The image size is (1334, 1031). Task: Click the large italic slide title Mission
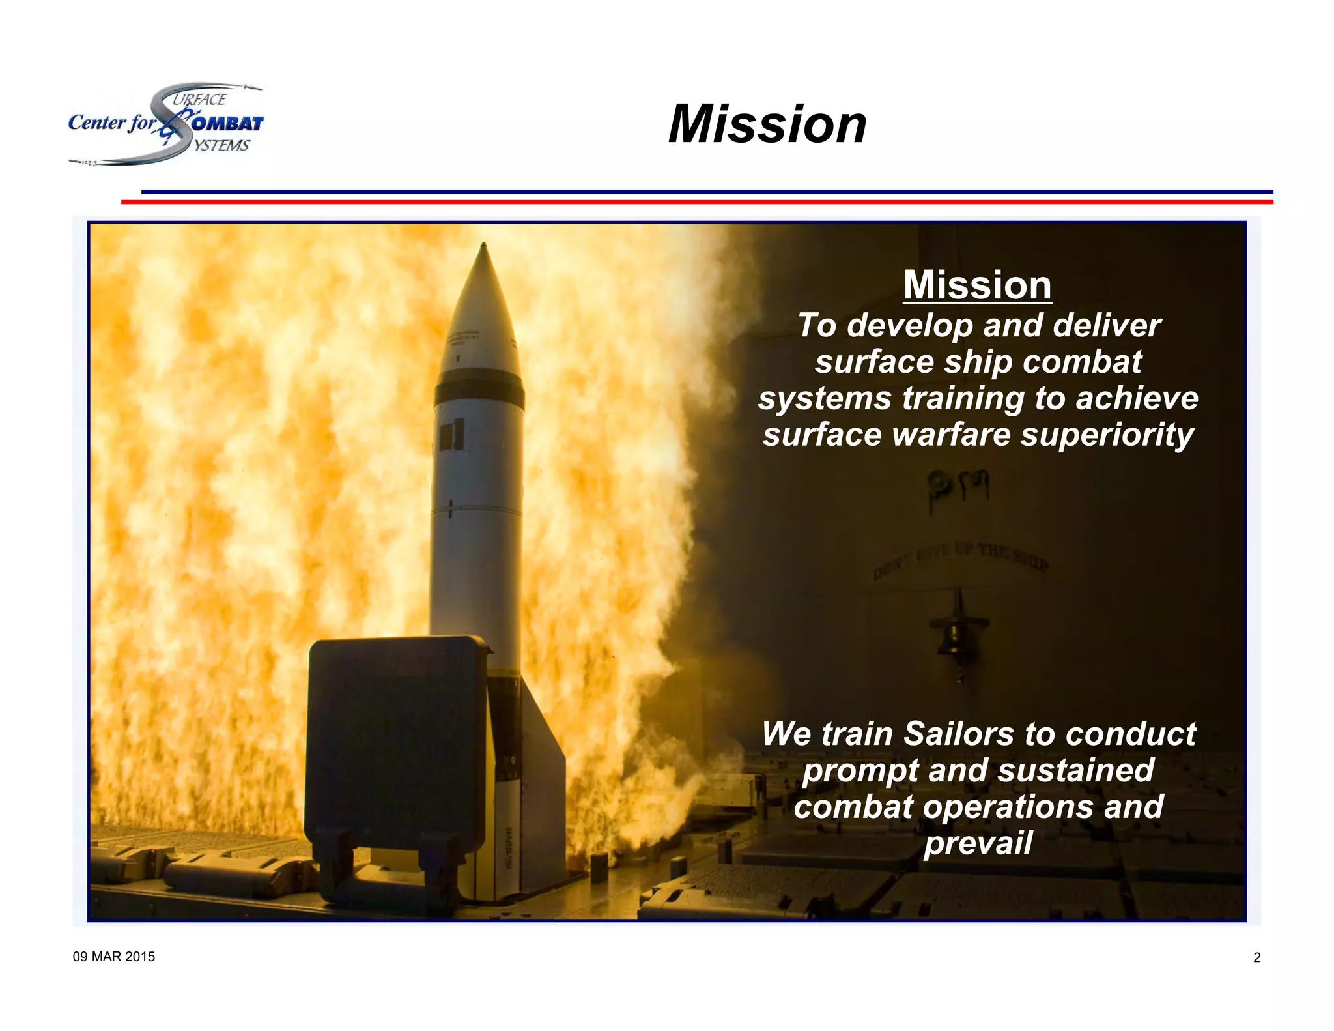tap(767, 124)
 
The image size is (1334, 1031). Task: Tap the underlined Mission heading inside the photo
tap(977, 285)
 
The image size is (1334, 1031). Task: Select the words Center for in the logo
tap(112, 123)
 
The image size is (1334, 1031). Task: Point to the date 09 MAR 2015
tap(114, 957)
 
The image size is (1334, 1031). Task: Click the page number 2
tap(1256, 957)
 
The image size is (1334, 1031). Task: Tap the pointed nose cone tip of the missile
tap(483, 246)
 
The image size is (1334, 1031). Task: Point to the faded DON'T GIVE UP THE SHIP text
tap(961, 560)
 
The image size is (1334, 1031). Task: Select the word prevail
tap(978, 843)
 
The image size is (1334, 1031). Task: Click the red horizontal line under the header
tap(697, 202)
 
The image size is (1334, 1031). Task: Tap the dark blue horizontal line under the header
tap(707, 192)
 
